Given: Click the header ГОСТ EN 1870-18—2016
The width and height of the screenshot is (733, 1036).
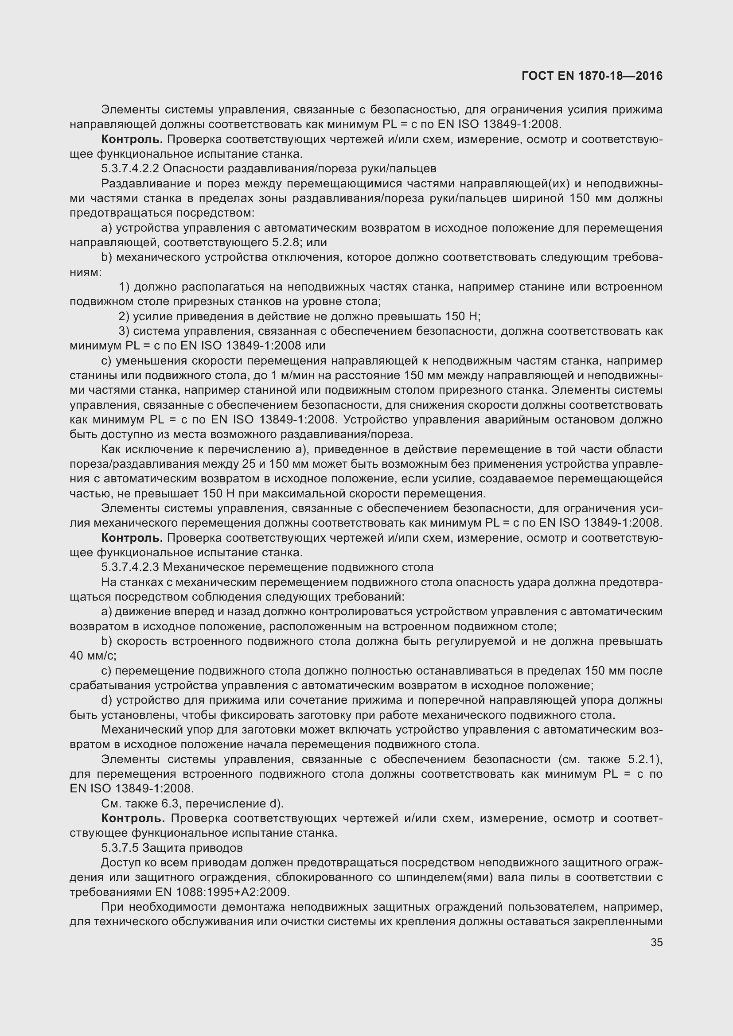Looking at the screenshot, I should coord(592,76).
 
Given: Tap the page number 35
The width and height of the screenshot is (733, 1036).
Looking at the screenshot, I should coord(656,942).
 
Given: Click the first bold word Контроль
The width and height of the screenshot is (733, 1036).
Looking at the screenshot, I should coord(132,140).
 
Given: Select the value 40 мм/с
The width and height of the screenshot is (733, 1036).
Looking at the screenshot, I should coord(93,656).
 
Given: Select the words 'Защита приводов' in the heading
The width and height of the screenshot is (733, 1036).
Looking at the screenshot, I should coord(192,848).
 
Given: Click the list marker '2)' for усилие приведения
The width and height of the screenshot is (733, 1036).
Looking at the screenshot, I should coord(124,316).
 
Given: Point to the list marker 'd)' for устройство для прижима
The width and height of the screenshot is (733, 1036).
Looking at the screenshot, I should coord(107,700).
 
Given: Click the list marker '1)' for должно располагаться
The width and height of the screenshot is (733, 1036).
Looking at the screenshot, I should coord(124,287).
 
